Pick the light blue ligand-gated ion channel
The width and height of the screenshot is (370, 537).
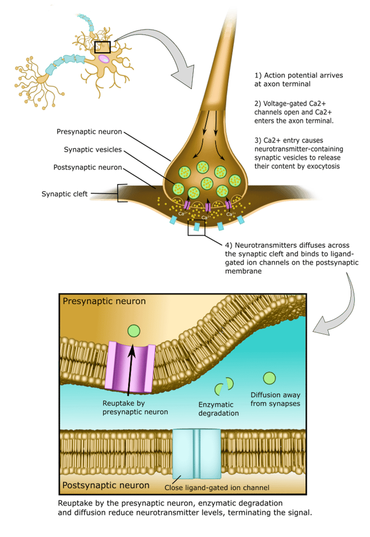click(197, 455)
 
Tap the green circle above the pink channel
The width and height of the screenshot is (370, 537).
click(133, 331)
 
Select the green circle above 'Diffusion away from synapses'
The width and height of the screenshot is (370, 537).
click(269, 378)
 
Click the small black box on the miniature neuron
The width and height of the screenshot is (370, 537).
click(103, 47)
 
